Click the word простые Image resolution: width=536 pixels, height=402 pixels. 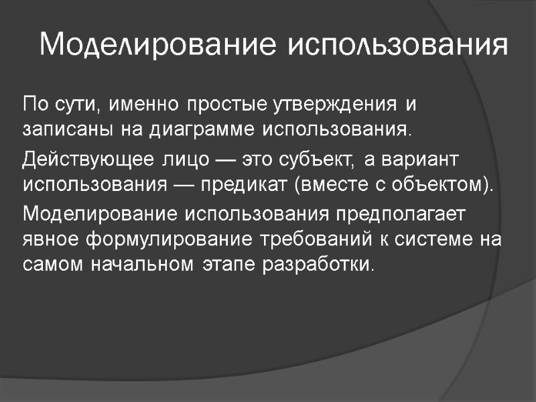(226, 105)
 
